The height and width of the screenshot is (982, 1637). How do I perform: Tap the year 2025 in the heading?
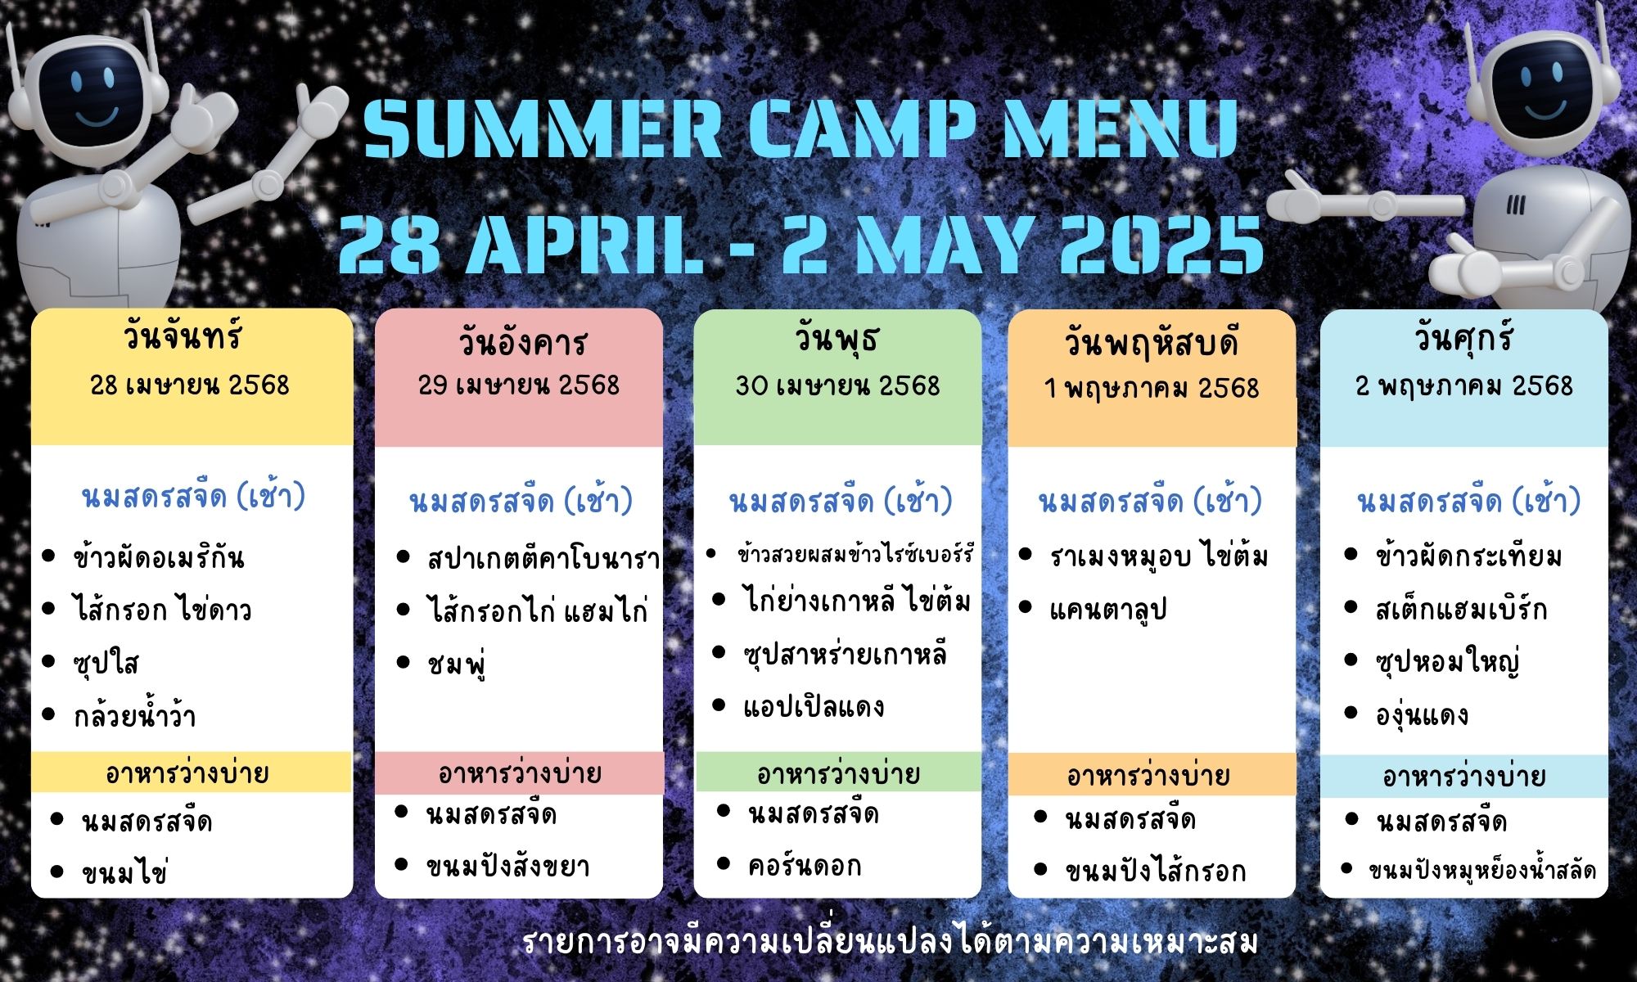pyautogui.click(x=1161, y=243)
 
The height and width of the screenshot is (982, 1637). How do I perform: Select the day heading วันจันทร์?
pyautogui.click(x=184, y=337)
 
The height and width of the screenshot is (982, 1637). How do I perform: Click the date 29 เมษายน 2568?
pyautogui.click(x=519, y=385)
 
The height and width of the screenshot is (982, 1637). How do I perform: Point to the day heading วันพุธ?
pyautogui.click(x=837, y=340)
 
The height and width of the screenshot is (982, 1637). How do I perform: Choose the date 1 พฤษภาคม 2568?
pyautogui.click(x=1151, y=388)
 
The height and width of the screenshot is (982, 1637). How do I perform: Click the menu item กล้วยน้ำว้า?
pyautogui.click(x=134, y=716)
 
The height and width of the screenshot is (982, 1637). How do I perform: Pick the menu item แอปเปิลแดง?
pyautogui.click(x=814, y=706)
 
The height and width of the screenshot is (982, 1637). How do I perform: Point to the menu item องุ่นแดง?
pyautogui.click(x=1422, y=715)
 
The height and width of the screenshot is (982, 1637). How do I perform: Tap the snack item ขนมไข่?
pyautogui.click(x=124, y=872)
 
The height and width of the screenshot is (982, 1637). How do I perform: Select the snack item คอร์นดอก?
pyautogui.click(x=805, y=865)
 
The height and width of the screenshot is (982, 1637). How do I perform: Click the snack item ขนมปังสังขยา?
pyautogui.click(x=507, y=866)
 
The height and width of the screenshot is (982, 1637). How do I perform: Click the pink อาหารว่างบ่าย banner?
pyautogui.click(x=519, y=773)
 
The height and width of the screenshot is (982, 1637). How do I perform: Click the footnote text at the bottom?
pyautogui.click(x=890, y=943)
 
